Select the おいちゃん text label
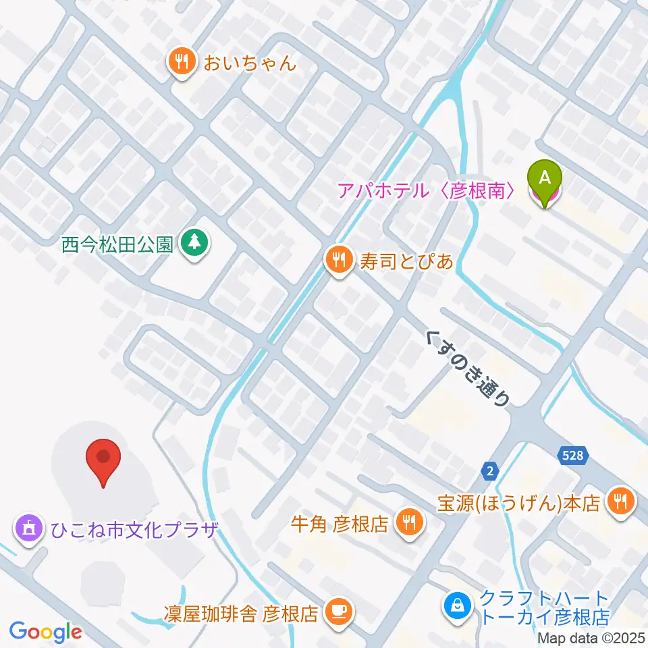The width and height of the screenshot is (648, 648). pos(246,64)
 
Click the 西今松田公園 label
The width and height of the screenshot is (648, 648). pos(119,243)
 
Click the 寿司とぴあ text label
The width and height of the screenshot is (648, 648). pos(406,260)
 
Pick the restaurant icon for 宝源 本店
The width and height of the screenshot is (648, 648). pos(618,502)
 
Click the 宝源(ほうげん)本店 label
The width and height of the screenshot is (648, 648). pos(518,504)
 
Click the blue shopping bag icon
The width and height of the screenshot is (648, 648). pos(457,603)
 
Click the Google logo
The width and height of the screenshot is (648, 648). pos(46,632)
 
